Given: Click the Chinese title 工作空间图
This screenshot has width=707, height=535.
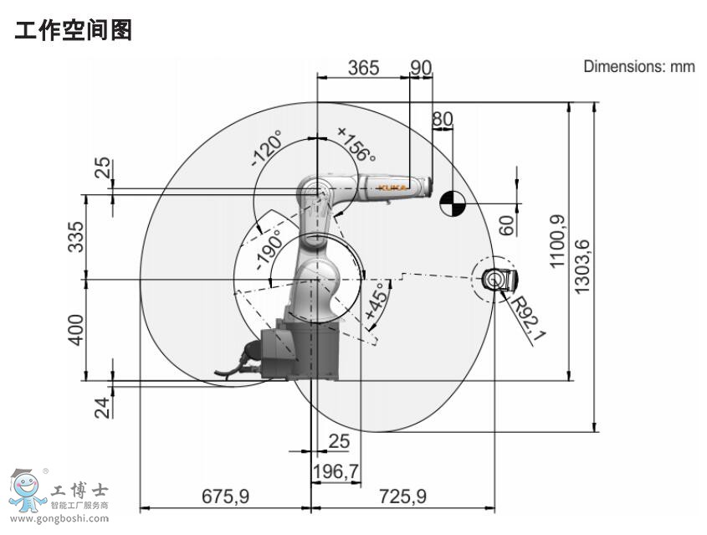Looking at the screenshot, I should point(74,33).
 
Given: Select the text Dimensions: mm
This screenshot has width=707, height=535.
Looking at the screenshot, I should point(638,66).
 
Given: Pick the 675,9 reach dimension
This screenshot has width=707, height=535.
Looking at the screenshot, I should point(225,496).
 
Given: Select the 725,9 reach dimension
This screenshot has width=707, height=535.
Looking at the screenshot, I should point(402,496).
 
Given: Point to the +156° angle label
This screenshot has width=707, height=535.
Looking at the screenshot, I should point(356,144).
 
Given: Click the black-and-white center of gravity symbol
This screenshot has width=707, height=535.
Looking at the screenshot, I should point(451,203).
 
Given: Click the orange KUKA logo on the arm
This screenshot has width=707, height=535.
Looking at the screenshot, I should point(391,188).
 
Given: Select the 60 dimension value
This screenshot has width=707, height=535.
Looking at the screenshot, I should point(505,224).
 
